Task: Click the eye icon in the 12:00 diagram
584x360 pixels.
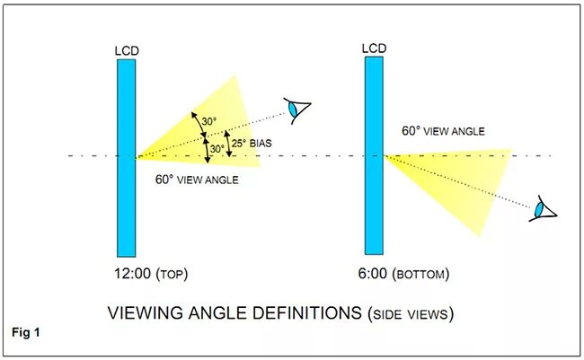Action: [x=296, y=110]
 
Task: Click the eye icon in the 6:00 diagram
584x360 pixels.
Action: [x=544, y=209]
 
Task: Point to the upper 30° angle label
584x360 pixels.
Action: [x=209, y=120]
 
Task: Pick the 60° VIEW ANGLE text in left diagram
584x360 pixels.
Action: [x=198, y=180]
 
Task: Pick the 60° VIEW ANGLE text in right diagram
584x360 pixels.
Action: [x=444, y=131]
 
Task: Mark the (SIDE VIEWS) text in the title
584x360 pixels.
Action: [x=410, y=314]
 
